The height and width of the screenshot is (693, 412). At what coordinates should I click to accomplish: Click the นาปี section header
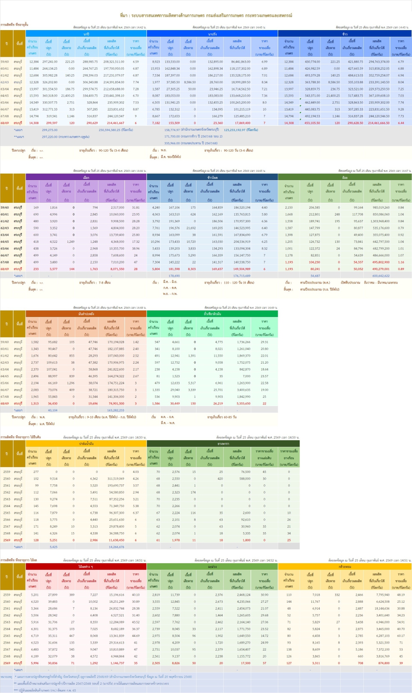pyautogui.click(x=86, y=34)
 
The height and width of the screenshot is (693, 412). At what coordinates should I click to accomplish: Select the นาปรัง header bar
pyautogui.click(x=212, y=34)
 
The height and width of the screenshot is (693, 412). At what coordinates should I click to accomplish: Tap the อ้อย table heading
pyautogui.click(x=345, y=177)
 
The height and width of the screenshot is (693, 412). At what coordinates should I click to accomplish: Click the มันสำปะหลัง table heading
pyautogui.click(x=86, y=314)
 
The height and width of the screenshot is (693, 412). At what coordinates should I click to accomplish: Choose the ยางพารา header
pyautogui.click(x=223, y=444)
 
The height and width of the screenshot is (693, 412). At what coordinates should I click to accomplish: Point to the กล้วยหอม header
pyautogui.click(x=345, y=567)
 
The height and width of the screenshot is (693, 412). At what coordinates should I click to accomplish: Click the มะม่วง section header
pyautogui.click(x=212, y=567)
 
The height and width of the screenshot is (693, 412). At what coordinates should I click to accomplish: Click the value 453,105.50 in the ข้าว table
pyautogui.click(x=312, y=123)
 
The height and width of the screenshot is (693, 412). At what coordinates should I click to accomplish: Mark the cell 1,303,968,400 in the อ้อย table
pyautogui.click(x=379, y=221)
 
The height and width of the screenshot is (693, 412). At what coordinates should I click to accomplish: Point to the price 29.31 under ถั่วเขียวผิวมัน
pyautogui.click(x=264, y=342)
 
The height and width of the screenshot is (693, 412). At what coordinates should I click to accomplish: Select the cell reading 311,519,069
pyautogui.click(x=115, y=479)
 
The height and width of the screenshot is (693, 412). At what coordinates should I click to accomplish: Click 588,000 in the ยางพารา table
pyautogui.click(x=245, y=479)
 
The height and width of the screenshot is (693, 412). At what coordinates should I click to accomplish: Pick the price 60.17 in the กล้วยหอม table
pyautogui.click(x=400, y=636)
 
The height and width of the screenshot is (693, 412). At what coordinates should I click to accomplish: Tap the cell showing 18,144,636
pyautogui.click(x=382, y=608)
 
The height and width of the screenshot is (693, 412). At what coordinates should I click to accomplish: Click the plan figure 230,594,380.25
pyautogui.click(x=115, y=130)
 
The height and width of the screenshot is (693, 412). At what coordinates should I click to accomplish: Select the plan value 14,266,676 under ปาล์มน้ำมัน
pyautogui.click(x=116, y=547)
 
